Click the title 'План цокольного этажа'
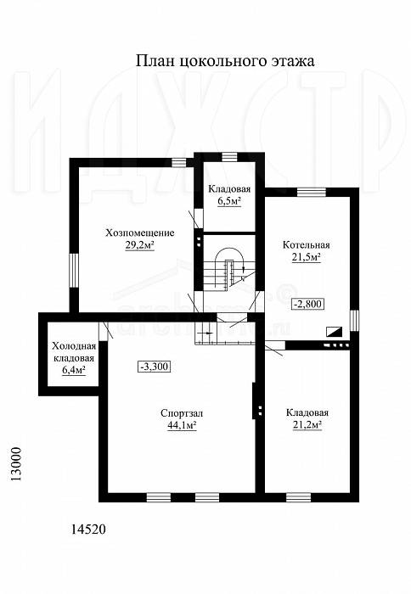pos(225,61)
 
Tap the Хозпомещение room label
pos(140,233)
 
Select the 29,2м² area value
pos(140,245)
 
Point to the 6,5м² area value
pos(229,202)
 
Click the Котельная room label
pos(307,244)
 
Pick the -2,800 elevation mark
pos(307,304)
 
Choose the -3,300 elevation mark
pos(154,367)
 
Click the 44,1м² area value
pos(182,426)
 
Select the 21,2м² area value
pos(307,425)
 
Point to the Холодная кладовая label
pos(74,352)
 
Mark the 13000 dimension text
pos(16,464)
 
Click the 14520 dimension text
pos(88,529)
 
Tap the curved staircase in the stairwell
pos(229,269)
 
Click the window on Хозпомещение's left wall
pos(74,270)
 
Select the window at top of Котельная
pos(312,193)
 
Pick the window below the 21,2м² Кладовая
pos(298,497)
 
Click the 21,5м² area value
pos(307,258)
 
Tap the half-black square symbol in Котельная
pos(335,332)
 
